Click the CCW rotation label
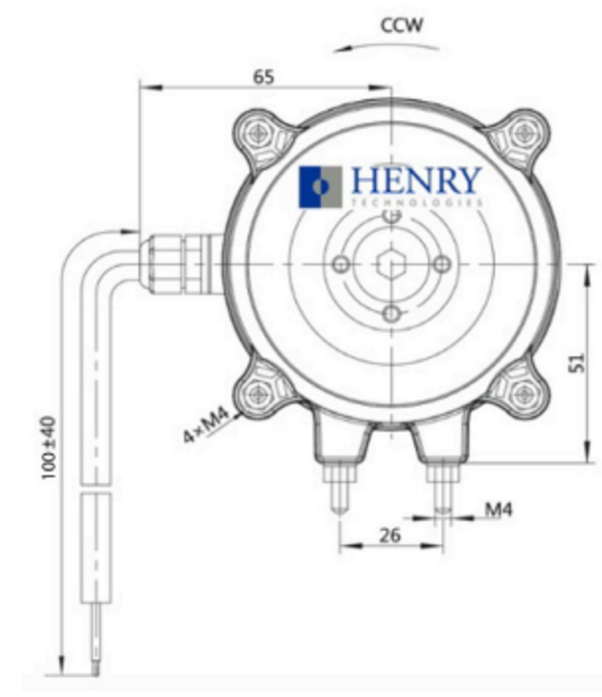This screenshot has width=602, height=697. click(x=402, y=25)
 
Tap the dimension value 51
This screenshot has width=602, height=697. click(x=579, y=362)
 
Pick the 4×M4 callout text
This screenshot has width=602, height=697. click(x=207, y=426)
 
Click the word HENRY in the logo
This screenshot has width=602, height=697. click(x=415, y=180)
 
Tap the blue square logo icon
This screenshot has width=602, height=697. click(x=320, y=187)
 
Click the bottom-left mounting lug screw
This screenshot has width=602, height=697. click(x=256, y=393)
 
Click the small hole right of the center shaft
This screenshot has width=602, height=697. click(x=441, y=264)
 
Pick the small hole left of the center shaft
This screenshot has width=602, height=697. click(x=341, y=264)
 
